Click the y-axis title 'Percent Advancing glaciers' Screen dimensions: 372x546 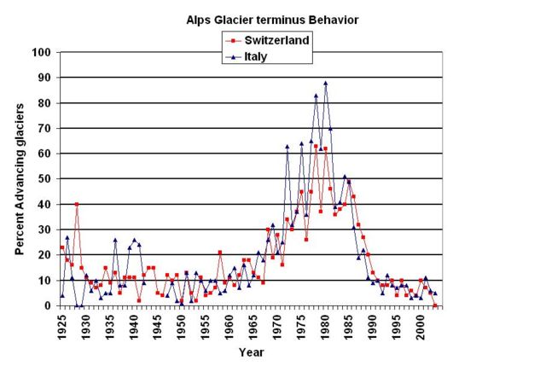tap(20, 177)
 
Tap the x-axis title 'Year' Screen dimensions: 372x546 tap(251, 352)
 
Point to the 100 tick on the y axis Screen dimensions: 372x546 tap(39, 52)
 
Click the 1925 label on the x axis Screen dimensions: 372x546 tap(62, 324)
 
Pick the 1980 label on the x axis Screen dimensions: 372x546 tap(325, 324)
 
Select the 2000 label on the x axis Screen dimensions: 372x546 tap(421, 324)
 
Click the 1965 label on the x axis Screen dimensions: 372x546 tap(253, 324)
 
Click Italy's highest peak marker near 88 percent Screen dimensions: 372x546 tap(325, 83)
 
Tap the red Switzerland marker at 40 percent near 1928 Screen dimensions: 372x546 tap(77, 204)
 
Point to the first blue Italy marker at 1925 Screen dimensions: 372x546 tap(62, 295)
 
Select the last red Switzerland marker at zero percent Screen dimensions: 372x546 tap(435, 305)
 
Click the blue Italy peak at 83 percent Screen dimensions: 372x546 tap(316, 96)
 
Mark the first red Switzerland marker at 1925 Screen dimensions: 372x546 tap(62, 247)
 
